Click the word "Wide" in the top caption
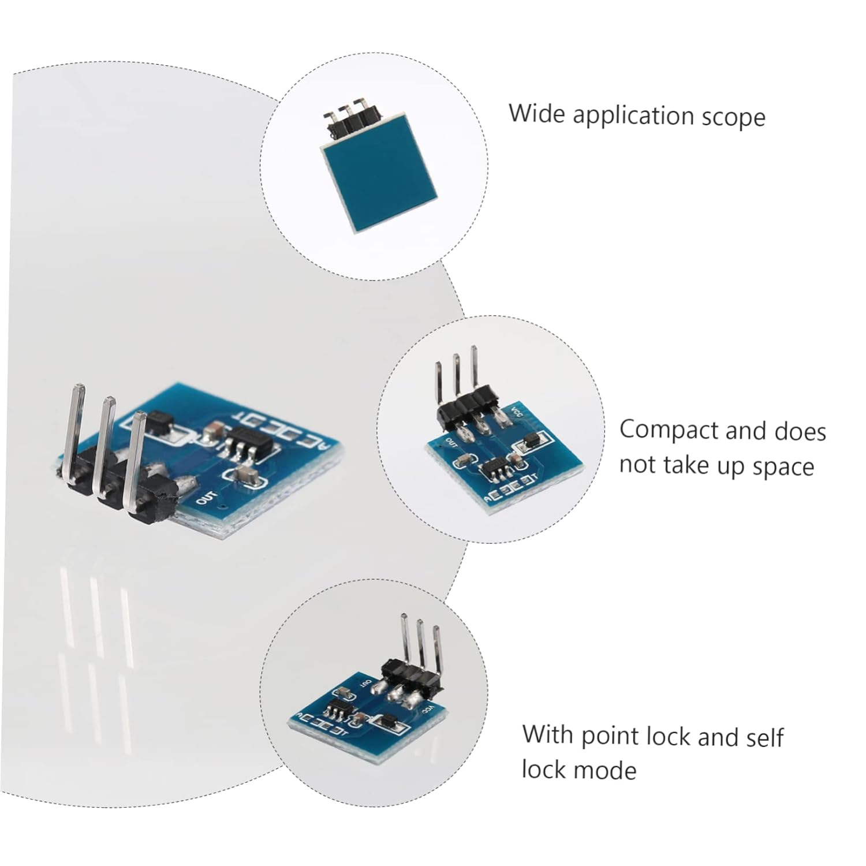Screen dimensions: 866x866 [536, 113]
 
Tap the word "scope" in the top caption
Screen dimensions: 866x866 [733, 117]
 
